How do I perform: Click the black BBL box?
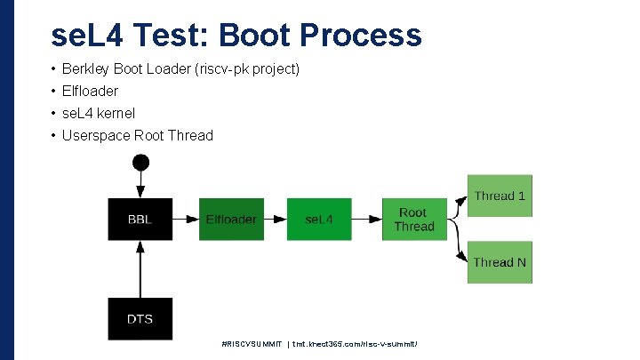(140, 219)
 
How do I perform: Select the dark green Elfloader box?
(230, 219)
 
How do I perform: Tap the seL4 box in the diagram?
(318, 219)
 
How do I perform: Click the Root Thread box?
(413, 219)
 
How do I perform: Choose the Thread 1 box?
(500, 196)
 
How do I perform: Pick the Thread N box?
(500, 262)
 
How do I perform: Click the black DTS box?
(140, 318)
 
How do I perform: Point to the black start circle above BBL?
(140, 163)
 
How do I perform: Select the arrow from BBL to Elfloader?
(185, 219)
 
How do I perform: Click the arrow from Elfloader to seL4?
(274, 219)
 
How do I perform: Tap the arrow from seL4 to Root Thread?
(365, 219)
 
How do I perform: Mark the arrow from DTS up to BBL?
(140, 269)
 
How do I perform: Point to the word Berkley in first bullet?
(86, 68)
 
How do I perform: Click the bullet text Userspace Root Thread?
(137, 135)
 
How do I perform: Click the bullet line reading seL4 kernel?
(98, 113)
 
